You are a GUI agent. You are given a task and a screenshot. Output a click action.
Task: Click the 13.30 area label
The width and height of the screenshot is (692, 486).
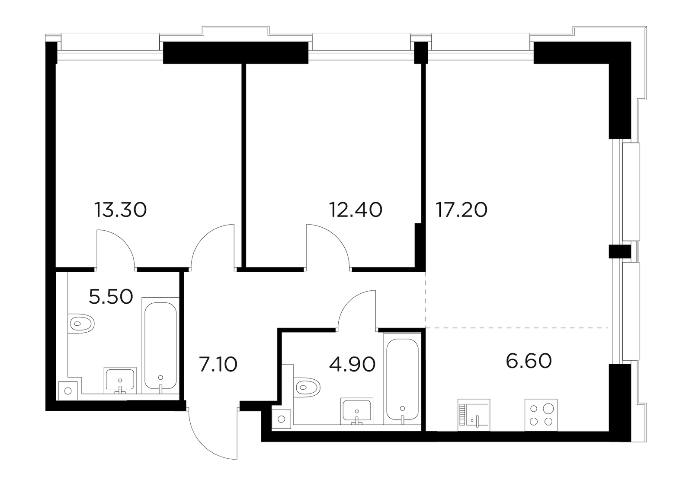(121, 210)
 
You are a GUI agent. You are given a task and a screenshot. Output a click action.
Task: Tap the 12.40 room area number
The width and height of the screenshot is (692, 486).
(356, 210)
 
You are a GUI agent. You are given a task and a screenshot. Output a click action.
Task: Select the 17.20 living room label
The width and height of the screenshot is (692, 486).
(461, 210)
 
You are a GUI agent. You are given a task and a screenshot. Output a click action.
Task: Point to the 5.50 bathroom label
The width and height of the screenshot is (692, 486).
(111, 296)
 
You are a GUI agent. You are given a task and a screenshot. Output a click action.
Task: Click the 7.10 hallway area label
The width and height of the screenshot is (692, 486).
(218, 364)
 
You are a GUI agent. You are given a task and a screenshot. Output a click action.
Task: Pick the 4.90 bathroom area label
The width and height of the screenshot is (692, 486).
(352, 364)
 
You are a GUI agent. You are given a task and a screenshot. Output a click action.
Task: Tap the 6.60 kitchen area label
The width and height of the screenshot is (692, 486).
(529, 361)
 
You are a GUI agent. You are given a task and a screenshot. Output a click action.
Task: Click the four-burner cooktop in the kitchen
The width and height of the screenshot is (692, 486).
(541, 415)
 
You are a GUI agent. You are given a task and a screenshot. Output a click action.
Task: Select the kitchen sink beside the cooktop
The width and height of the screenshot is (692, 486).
(474, 415)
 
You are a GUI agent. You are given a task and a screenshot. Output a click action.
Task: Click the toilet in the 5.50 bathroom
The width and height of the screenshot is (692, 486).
(81, 324)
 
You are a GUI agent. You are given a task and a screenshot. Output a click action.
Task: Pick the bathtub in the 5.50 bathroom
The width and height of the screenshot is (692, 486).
(160, 346)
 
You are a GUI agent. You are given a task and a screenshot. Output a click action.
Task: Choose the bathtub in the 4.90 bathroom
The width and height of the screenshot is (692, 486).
(402, 378)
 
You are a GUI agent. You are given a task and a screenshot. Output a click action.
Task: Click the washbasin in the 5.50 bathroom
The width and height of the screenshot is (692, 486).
(120, 381)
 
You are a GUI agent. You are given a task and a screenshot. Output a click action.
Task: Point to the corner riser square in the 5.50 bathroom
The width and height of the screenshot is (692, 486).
(68, 391)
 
